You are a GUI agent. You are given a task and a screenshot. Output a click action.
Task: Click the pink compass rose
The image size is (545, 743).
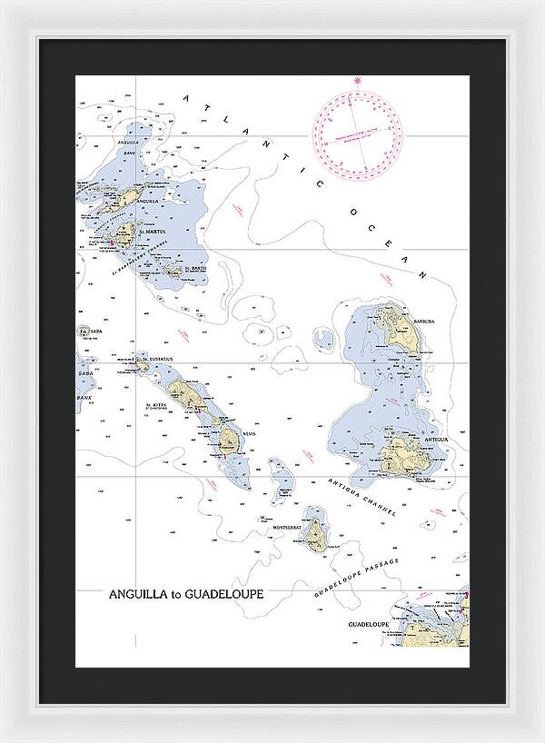358,129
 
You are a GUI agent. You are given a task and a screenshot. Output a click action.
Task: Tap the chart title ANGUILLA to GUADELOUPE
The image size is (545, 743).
186,594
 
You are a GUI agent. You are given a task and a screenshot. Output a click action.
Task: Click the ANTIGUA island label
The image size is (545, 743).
435,440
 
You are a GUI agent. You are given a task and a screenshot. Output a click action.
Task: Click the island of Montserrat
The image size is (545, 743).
315,534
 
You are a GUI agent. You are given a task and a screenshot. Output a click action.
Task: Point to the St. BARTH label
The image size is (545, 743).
195,269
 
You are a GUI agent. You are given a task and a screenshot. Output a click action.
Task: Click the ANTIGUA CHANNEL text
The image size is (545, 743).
363,498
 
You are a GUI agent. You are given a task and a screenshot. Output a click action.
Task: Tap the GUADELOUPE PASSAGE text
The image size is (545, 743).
355,570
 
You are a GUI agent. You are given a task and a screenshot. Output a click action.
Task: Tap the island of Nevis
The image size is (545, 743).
227,441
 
